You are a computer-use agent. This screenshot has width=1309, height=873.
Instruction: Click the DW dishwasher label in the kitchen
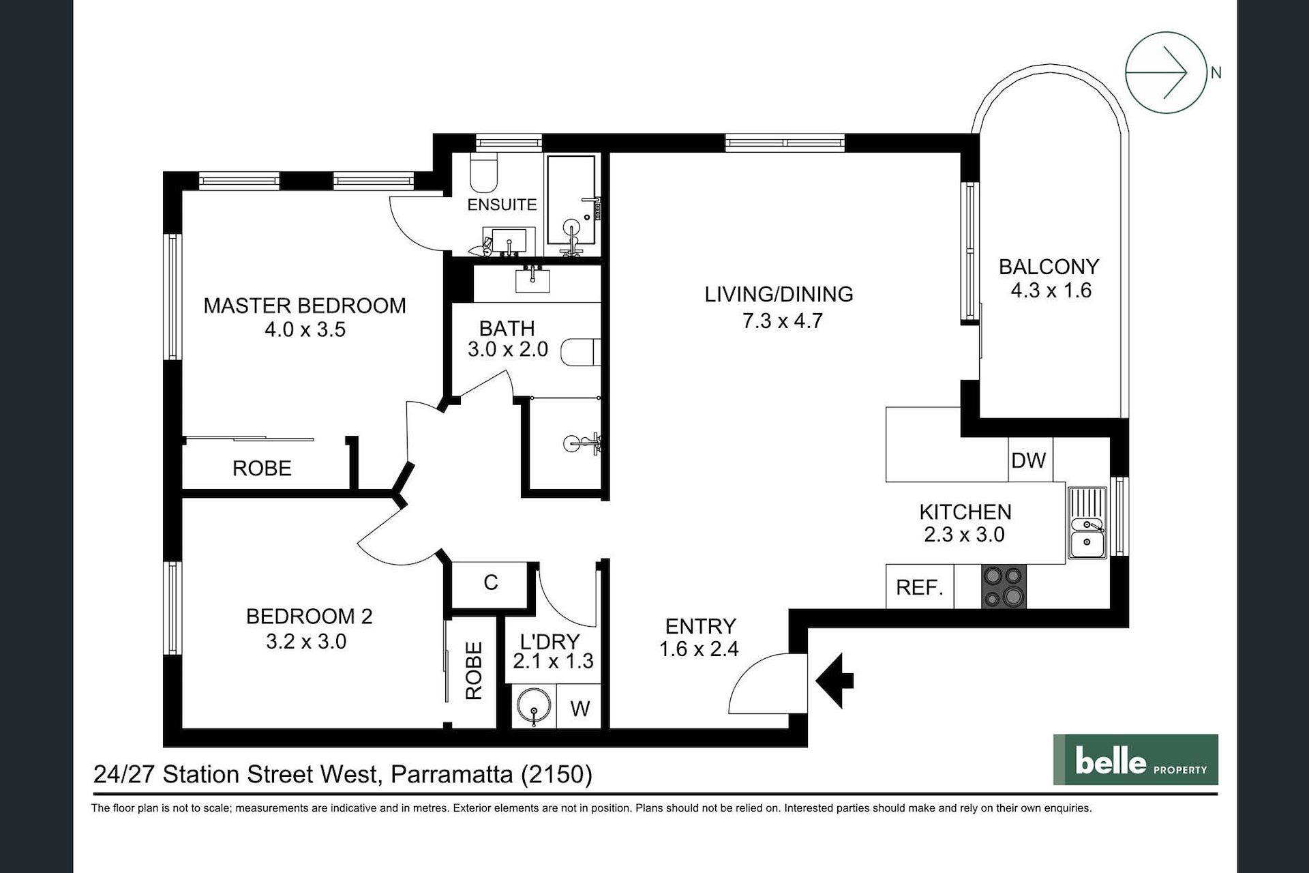(x=1028, y=460)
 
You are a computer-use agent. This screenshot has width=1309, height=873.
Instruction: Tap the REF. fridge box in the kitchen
(x=920, y=587)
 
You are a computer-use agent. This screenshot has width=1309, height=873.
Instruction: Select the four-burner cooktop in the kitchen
(x=1004, y=587)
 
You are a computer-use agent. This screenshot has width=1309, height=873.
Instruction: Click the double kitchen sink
(x=1087, y=522)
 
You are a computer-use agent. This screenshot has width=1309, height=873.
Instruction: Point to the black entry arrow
(x=834, y=680)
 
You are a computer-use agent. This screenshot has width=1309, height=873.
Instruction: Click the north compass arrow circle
(x=1166, y=72)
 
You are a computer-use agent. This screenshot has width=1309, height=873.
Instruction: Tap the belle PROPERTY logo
(x=1135, y=760)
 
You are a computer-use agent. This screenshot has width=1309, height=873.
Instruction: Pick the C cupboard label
(x=491, y=582)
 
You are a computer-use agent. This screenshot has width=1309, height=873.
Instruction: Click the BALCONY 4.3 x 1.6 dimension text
(x=1051, y=291)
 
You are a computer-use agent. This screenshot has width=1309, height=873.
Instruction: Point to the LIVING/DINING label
(x=779, y=295)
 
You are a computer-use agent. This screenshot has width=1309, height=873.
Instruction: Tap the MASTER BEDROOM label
(x=305, y=306)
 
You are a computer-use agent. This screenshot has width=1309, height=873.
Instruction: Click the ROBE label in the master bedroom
(x=262, y=469)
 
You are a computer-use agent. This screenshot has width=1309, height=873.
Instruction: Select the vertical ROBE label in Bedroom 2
(x=474, y=670)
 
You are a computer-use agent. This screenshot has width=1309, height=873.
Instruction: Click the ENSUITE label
(x=502, y=205)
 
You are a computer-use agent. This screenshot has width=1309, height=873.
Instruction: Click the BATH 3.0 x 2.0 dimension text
(x=508, y=349)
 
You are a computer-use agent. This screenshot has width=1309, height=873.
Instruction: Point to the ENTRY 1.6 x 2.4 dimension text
(x=699, y=649)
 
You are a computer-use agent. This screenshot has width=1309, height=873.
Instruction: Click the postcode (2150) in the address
(x=556, y=775)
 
